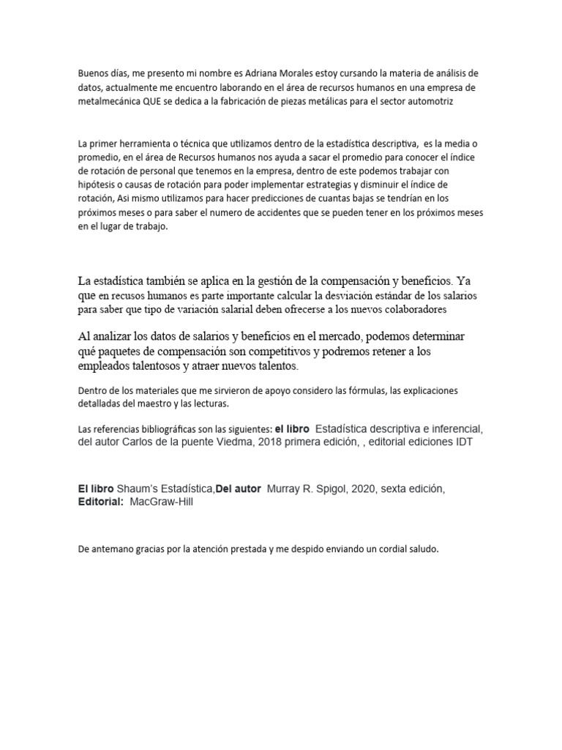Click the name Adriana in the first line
point(269,74)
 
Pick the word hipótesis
point(97,185)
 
